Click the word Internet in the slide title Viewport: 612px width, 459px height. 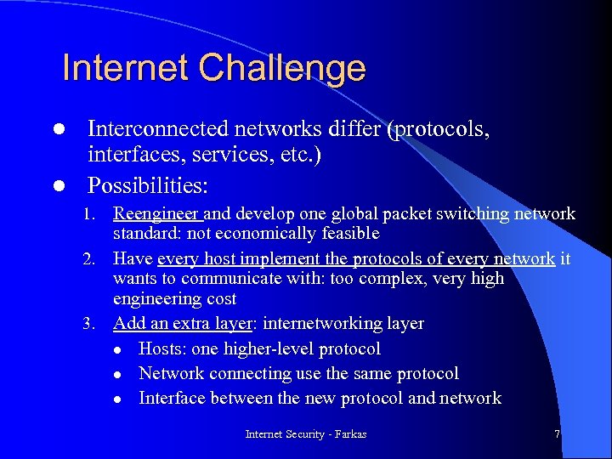[122, 68]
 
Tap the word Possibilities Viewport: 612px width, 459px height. [149, 184]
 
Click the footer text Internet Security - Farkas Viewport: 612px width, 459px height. [306, 434]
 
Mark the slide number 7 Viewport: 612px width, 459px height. [557, 434]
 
